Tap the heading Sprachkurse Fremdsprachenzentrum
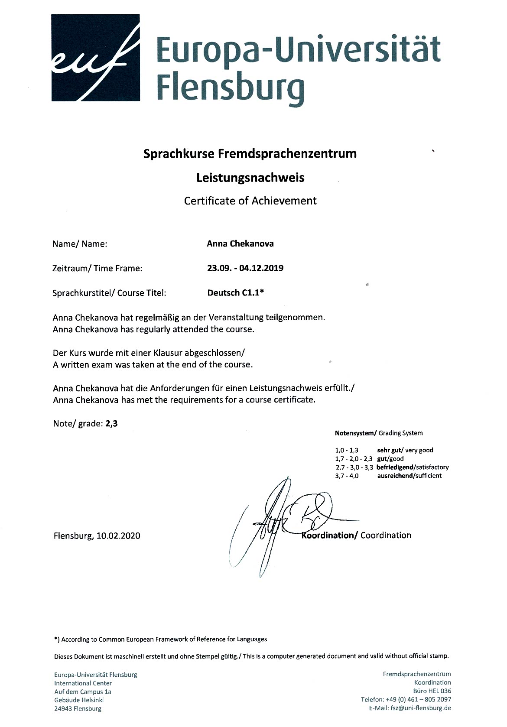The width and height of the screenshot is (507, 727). click(x=250, y=153)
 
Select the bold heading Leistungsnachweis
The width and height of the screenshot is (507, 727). click(x=250, y=178)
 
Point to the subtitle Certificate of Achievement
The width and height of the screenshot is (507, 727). click(x=250, y=201)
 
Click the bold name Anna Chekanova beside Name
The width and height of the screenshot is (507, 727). click(x=240, y=243)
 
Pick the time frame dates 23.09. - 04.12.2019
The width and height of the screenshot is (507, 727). click(x=245, y=268)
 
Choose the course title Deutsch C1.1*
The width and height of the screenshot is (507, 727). click(x=236, y=292)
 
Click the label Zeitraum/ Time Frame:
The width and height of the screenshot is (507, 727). click(x=97, y=268)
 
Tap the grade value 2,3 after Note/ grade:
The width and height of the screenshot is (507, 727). click(x=111, y=423)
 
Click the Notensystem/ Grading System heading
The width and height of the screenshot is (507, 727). click(x=378, y=433)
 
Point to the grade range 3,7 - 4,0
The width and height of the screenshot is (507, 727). click(x=347, y=476)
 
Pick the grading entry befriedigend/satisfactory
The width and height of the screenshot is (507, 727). click(x=413, y=467)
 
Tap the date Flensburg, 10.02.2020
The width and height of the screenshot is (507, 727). click(x=97, y=536)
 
